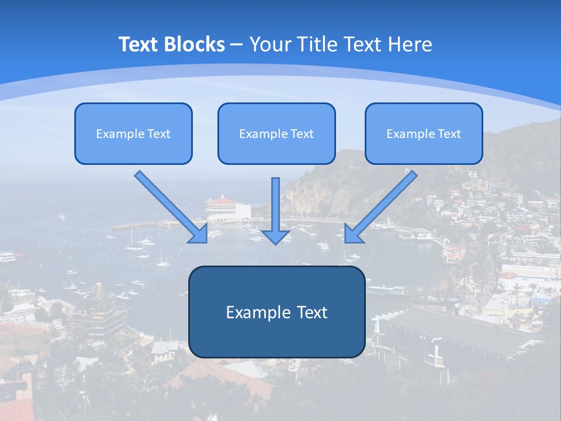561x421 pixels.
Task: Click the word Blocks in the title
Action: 196,44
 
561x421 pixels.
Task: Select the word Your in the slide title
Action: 271,44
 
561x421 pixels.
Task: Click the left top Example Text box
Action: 133,134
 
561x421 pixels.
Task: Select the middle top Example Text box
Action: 276,134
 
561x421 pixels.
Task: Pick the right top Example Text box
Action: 424,134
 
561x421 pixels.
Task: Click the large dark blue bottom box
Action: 276,312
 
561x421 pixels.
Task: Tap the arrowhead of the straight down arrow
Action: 276,236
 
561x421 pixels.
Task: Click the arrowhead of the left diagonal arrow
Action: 199,233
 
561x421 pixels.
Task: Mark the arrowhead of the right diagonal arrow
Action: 353,233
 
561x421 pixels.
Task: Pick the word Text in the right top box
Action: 449,134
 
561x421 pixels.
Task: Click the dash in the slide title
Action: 237,44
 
